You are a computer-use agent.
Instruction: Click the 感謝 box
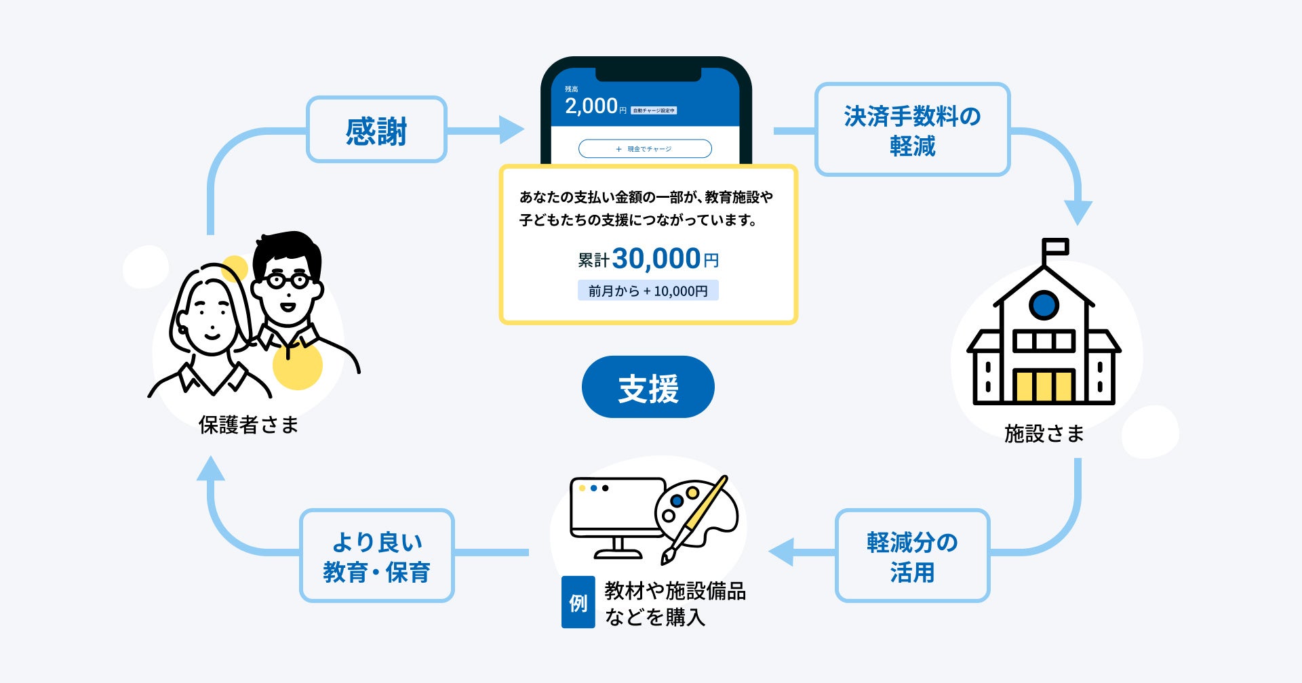pos(376,129)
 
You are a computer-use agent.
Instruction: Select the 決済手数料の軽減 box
pos(912,129)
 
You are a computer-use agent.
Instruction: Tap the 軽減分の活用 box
pos(912,556)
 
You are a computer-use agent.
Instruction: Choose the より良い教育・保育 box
pos(376,556)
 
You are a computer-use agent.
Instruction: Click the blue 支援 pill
pos(648,387)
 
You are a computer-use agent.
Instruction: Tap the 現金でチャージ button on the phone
pos(644,148)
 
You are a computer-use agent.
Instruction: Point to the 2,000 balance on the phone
pos(591,106)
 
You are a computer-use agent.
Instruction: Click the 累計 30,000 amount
pos(656,258)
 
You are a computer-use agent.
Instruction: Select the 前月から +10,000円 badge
pos(648,291)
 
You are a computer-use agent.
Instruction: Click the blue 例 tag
pos(578,602)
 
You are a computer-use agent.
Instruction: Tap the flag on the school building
pos(1056,247)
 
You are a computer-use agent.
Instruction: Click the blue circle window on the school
pos(1044,305)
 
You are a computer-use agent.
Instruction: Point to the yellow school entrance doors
pos(1044,386)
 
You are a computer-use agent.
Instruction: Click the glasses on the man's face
pos(288,280)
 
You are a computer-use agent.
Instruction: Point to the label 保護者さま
pos(248,425)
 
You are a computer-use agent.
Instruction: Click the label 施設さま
pos(1044,433)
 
